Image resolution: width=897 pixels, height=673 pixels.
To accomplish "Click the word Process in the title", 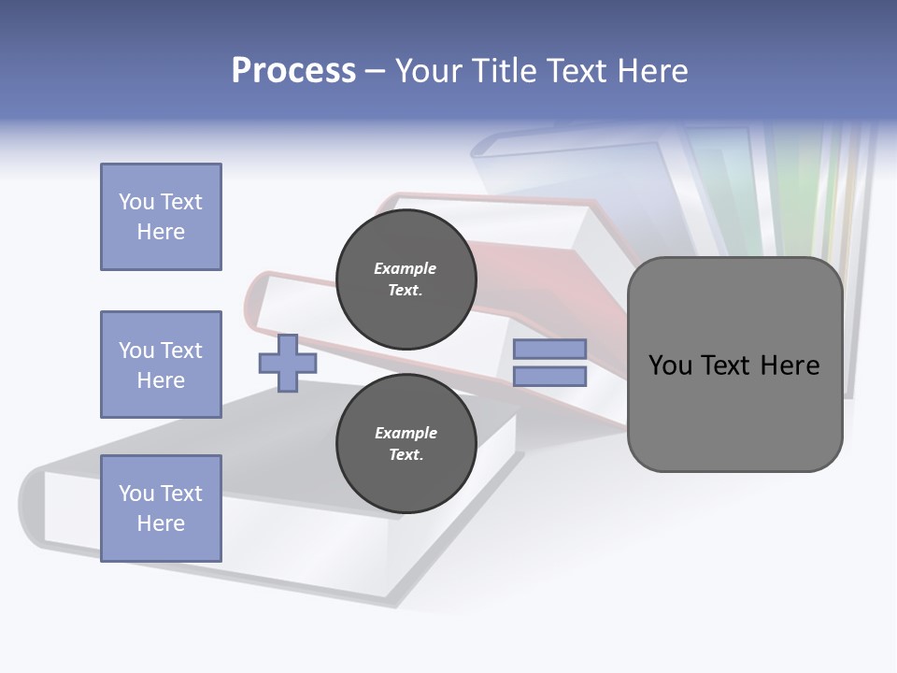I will pos(293,71).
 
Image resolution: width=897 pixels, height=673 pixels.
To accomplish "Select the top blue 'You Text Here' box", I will pos(161,217).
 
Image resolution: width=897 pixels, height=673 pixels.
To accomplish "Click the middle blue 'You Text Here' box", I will pos(161,365).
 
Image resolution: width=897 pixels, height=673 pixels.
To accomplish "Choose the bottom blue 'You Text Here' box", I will pos(161,508).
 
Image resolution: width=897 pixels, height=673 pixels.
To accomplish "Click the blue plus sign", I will pos(288,363).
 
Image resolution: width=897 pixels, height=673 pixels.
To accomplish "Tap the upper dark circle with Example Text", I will pos(406,279).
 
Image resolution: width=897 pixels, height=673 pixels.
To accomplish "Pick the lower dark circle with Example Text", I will pos(406,444).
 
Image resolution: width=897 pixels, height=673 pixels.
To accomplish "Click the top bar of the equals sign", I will pos(550,350).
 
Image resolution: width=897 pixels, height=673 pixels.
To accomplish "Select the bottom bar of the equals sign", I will pos(550,377).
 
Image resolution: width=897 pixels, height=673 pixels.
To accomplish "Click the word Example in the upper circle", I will pos(406,268).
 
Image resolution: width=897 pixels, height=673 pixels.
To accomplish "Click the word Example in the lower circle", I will pos(406,433).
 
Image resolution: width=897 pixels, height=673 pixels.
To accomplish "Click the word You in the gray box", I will pos(670,365).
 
